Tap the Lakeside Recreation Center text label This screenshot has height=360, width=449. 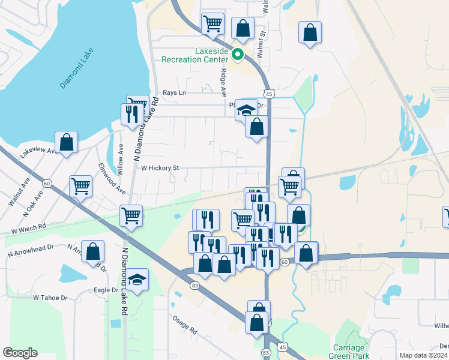(195, 56)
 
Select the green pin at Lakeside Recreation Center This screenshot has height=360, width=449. (238, 55)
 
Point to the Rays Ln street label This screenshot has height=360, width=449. (175, 93)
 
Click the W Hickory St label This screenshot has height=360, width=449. (160, 168)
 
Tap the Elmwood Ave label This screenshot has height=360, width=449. (112, 178)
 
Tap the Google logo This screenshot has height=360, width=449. (20, 352)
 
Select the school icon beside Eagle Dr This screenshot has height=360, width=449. (137, 280)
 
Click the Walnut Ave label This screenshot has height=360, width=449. (19, 193)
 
